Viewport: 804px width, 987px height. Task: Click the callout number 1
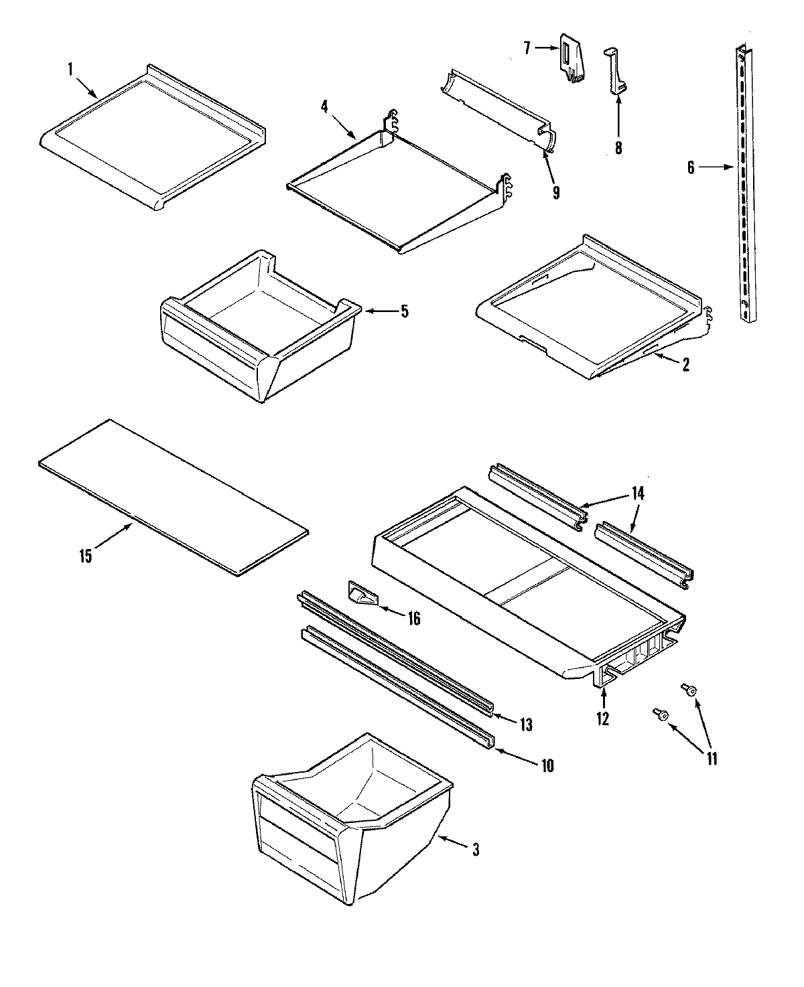(69, 68)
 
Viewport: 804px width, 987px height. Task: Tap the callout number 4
(324, 106)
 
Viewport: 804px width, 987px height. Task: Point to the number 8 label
(618, 147)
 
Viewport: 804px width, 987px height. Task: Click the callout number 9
(555, 192)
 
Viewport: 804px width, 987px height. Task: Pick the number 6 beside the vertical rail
(691, 168)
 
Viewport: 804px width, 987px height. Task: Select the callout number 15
(86, 556)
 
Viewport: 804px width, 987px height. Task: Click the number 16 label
(413, 619)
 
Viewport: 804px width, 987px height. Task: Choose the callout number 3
(475, 850)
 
